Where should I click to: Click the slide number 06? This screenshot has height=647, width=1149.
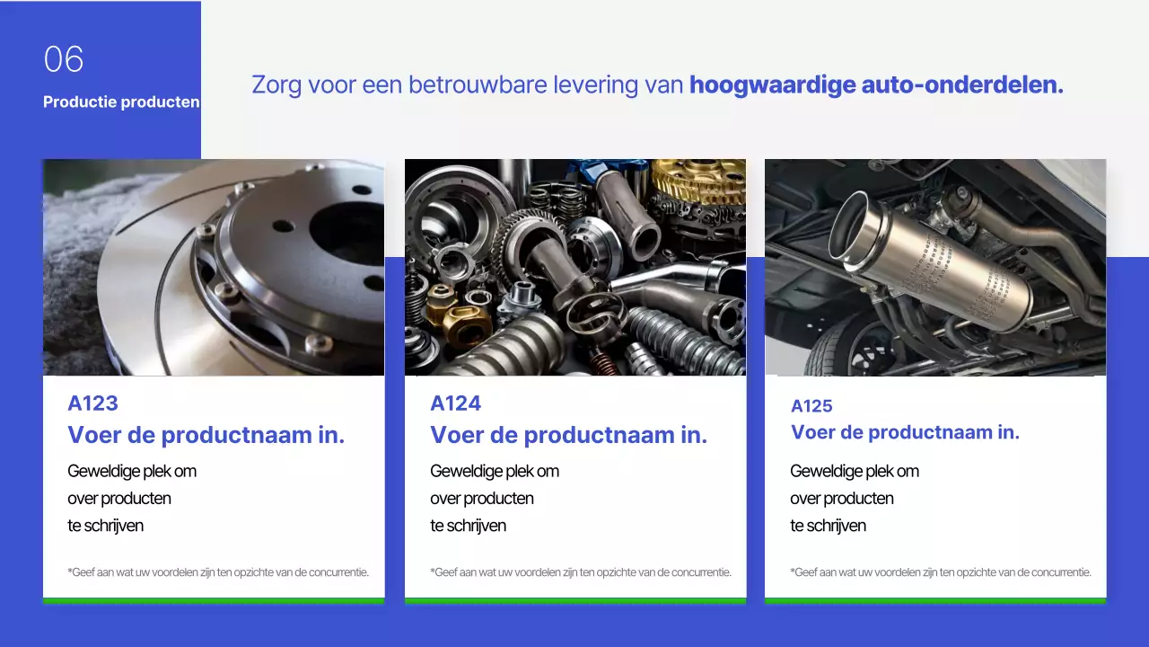click(64, 60)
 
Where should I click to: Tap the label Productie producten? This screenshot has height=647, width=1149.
click(121, 102)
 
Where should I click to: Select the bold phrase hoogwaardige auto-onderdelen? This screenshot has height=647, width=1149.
click(876, 85)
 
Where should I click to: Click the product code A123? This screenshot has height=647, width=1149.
click(92, 403)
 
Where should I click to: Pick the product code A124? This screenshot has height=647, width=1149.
click(455, 403)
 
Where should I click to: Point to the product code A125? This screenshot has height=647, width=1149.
click(811, 406)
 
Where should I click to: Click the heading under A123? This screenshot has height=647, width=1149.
click(206, 436)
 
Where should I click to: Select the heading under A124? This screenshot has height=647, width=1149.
click(568, 436)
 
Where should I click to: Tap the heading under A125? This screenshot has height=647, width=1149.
click(905, 432)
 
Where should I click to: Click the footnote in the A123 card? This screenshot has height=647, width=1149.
click(218, 572)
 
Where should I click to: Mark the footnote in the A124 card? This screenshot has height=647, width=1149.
click(581, 572)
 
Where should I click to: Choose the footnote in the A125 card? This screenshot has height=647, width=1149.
click(941, 572)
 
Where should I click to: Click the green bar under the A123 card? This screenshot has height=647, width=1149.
click(214, 600)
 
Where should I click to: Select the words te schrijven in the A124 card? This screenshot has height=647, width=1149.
click(468, 526)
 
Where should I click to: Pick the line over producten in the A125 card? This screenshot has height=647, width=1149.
click(841, 499)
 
